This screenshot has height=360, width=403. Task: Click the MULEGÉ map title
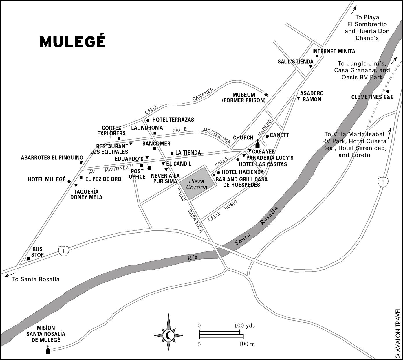tap(73, 42)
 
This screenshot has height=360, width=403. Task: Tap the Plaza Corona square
tap(197, 184)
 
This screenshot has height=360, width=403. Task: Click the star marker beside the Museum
tap(266, 95)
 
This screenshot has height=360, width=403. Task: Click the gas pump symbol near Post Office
tap(149, 167)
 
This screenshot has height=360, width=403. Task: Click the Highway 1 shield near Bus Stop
tap(64, 251)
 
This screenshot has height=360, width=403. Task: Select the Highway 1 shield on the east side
tap(383, 182)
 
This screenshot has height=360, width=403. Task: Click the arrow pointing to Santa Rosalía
tap(10, 275)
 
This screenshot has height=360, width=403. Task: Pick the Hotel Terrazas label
tap(173, 120)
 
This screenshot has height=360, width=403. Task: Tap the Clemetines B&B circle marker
tap(388, 91)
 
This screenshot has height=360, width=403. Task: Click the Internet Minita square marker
tap(317, 56)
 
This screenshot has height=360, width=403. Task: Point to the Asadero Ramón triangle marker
tap(298, 98)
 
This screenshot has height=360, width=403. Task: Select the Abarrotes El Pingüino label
tap(52, 158)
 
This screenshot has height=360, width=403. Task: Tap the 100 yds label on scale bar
tap(244, 326)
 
